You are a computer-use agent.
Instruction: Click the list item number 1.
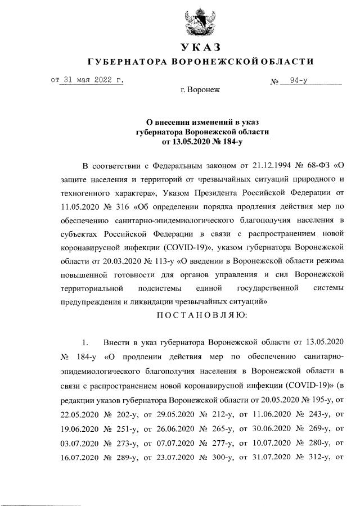(86, 342)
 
